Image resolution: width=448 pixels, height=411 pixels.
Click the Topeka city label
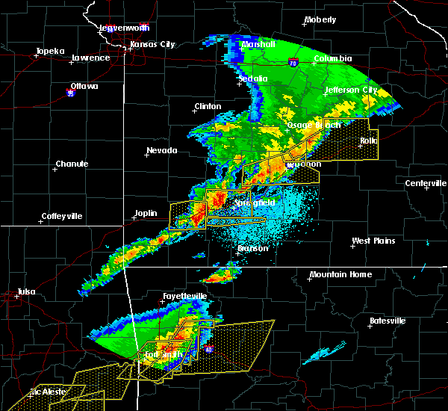(x=50, y=52)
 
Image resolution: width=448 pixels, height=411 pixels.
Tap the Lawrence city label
(x=91, y=58)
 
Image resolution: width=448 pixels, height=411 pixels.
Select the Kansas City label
(x=152, y=44)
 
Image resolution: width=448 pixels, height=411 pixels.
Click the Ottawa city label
(x=84, y=86)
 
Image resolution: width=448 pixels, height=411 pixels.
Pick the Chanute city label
(x=72, y=164)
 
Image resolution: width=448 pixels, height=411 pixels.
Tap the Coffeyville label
(x=62, y=216)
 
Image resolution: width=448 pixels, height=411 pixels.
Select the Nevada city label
(x=161, y=150)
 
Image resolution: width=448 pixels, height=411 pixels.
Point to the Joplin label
(x=146, y=213)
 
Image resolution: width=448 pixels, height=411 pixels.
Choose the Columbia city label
(x=333, y=58)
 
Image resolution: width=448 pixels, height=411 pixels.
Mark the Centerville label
(x=426, y=183)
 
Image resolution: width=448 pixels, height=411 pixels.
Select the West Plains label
(x=373, y=241)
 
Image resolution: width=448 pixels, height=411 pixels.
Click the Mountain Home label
(x=340, y=274)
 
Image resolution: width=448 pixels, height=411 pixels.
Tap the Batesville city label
(x=388, y=321)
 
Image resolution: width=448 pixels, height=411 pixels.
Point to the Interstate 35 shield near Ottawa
(x=71, y=93)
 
